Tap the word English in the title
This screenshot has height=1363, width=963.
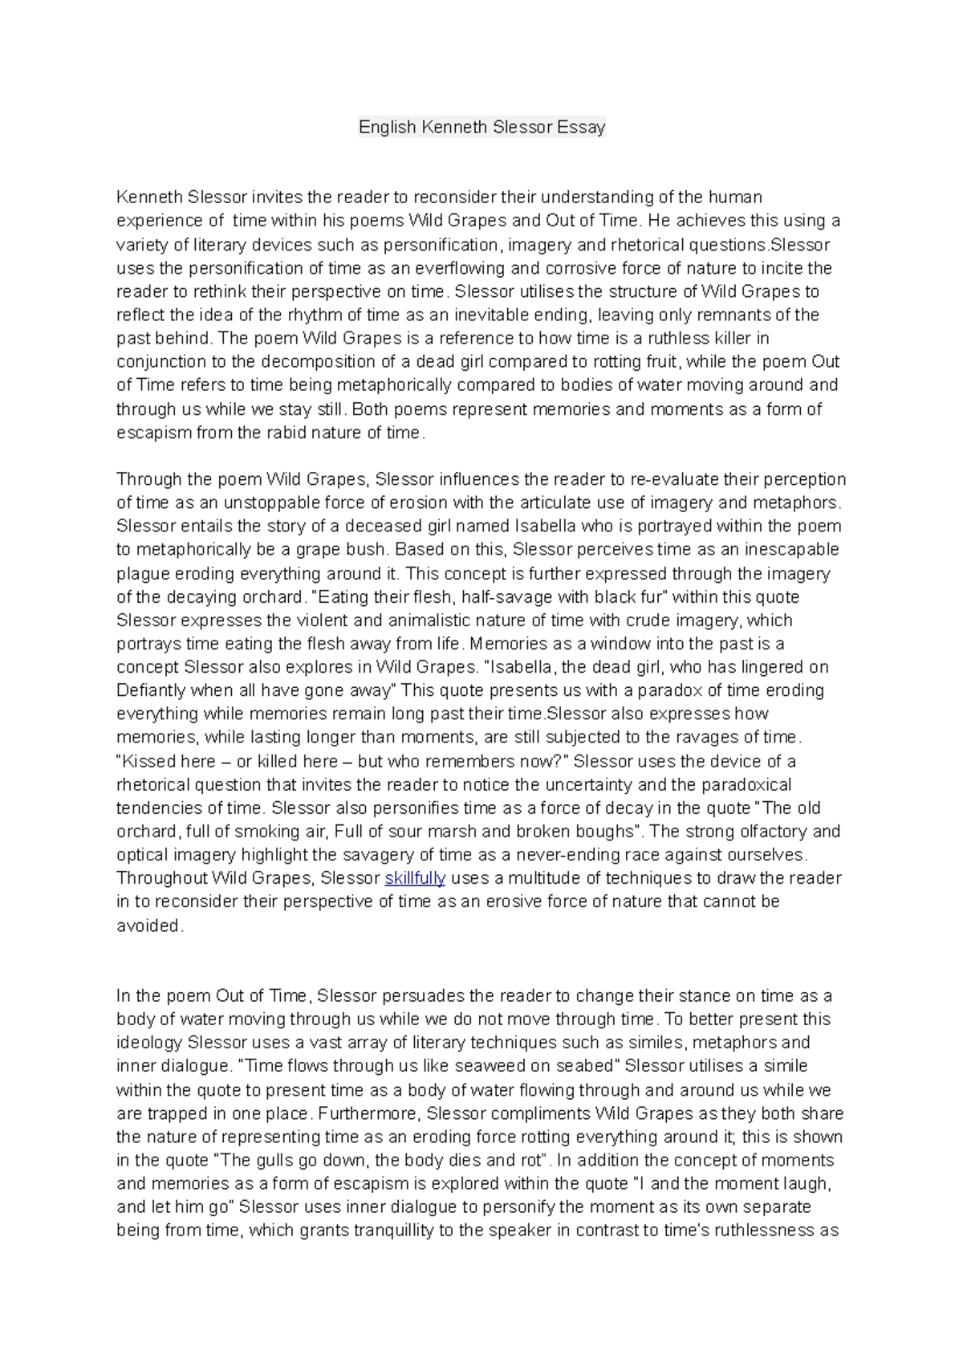click(387, 127)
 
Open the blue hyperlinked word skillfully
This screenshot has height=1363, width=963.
click(415, 878)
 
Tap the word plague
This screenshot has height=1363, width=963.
click(140, 574)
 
